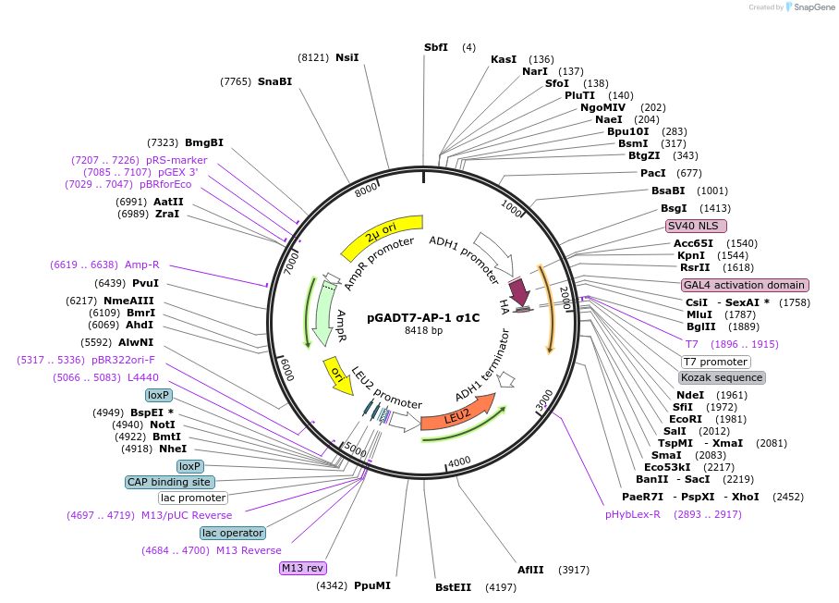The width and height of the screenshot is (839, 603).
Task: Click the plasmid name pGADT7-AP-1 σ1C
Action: point(423,316)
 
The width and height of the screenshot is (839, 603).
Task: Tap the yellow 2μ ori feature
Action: point(381,236)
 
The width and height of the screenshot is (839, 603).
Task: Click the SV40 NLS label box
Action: point(696,226)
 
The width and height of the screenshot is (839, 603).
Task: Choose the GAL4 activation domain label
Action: point(744,285)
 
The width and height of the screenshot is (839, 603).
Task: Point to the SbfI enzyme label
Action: point(436,47)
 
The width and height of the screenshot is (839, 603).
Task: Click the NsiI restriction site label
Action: point(347,57)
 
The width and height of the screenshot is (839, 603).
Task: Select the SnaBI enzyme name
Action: point(274,81)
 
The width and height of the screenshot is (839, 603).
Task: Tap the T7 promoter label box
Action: point(715,362)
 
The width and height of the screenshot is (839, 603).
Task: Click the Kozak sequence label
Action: point(722,377)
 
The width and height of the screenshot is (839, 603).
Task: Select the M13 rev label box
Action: point(303,568)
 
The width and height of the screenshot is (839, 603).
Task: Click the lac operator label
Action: point(233,533)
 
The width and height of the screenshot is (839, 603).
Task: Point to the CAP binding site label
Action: point(170,482)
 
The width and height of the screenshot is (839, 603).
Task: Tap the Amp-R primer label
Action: point(142,265)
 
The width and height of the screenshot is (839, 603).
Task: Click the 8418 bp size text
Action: point(423,330)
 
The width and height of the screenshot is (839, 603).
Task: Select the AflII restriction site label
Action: point(530,570)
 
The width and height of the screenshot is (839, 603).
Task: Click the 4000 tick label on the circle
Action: point(459,462)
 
